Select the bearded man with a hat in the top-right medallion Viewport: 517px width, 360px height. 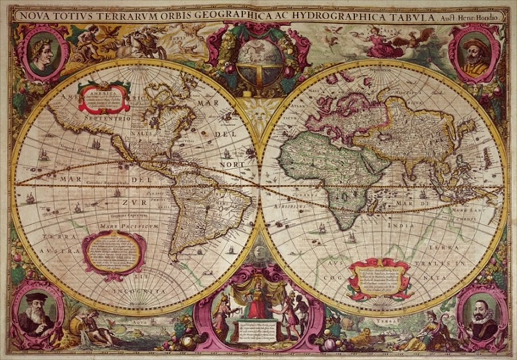click(473, 55)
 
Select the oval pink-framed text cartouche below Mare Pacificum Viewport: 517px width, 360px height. click(115, 252)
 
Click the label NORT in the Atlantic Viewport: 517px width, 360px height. click(232, 164)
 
